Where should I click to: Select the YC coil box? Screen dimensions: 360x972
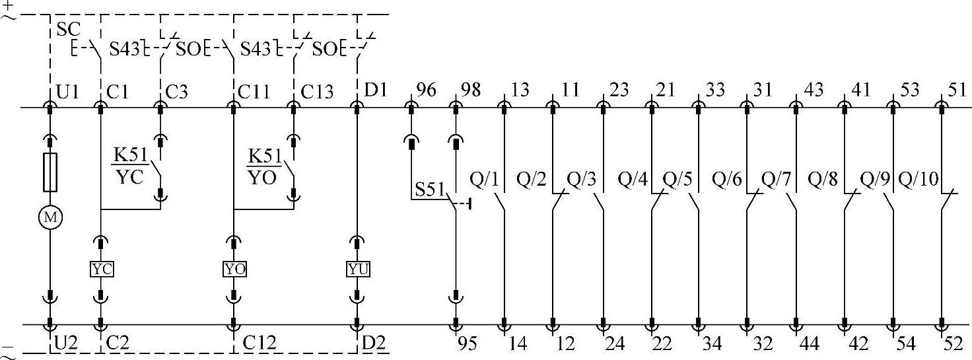click(101, 269)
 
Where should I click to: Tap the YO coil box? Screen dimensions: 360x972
click(234, 269)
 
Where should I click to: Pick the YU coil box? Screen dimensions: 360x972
click(358, 269)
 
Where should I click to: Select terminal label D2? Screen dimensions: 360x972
click(374, 343)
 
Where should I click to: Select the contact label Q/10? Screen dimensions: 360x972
click(919, 178)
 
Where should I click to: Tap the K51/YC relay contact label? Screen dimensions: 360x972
click(129, 166)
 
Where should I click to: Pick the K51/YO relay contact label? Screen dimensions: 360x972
click(263, 166)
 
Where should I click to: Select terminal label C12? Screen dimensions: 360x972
click(259, 343)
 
